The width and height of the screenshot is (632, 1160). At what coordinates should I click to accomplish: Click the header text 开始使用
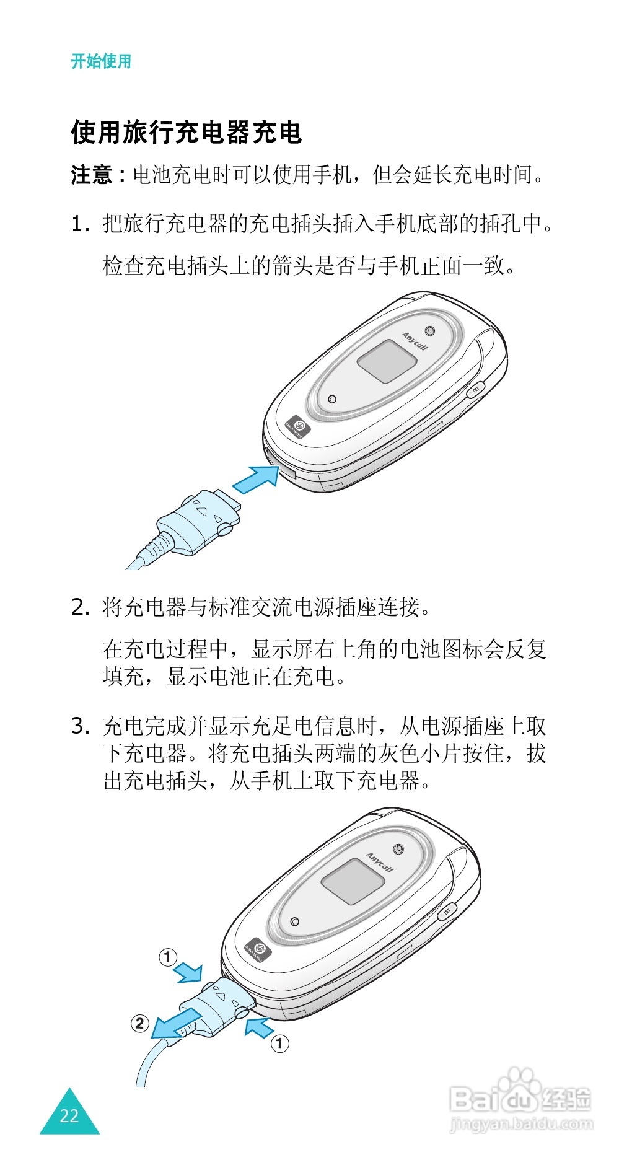click(101, 61)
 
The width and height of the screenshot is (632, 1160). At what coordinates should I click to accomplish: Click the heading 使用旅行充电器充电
click(186, 132)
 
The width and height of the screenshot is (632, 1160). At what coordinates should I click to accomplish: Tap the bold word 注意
click(92, 175)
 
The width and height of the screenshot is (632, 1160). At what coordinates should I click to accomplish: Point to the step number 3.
click(81, 726)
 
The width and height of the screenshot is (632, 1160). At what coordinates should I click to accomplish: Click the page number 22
click(69, 1116)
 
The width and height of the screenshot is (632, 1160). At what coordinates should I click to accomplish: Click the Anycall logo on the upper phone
click(415, 341)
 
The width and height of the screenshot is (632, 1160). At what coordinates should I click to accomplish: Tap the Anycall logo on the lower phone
click(379, 862)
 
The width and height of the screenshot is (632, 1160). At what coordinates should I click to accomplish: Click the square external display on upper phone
click(385, 361)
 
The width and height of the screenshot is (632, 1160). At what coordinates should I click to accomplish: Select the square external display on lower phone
click(349, 881)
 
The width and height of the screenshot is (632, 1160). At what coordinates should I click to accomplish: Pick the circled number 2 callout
click(140, 1023)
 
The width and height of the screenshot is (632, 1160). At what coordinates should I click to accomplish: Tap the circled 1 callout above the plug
click(168, 957)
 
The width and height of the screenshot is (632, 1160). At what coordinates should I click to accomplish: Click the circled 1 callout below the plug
click(279, 1044)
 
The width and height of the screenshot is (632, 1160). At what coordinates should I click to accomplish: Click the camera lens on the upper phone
click(429, 330)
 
